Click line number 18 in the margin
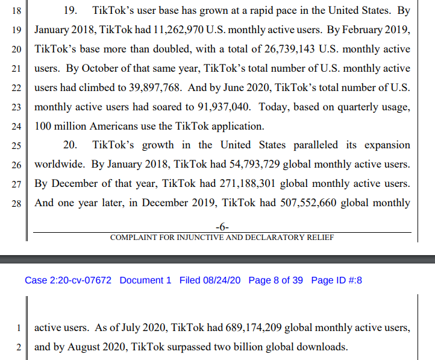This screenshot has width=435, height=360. [16, 11]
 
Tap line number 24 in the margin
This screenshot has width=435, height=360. [16, 127]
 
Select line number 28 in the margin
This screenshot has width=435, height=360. [16, 204]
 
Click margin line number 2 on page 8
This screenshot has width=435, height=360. [18, 347]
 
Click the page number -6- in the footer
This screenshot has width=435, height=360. [222, 227]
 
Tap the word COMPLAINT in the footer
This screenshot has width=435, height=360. [134, 237]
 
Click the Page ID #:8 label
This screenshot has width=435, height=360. [336, 280]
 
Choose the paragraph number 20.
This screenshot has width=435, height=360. [70, 145]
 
